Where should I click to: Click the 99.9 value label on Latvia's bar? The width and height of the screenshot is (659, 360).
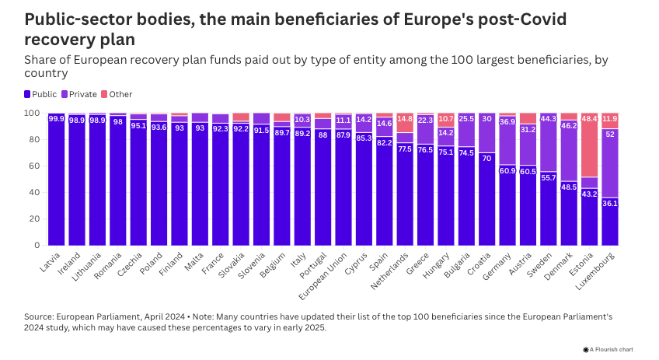click(x=57, y=119)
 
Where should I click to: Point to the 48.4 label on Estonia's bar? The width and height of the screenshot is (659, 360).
click(x=589, y=119)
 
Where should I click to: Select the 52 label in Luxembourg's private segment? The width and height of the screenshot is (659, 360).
click(x=609, y=134)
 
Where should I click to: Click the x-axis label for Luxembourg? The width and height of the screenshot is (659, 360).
click(x=595, y=271)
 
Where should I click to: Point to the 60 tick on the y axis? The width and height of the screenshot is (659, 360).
click(x=35, y=166)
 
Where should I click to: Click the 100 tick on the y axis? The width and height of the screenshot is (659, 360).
click(x=33, y=113)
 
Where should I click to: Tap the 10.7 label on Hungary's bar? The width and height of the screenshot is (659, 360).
click(x=445, y=119)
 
